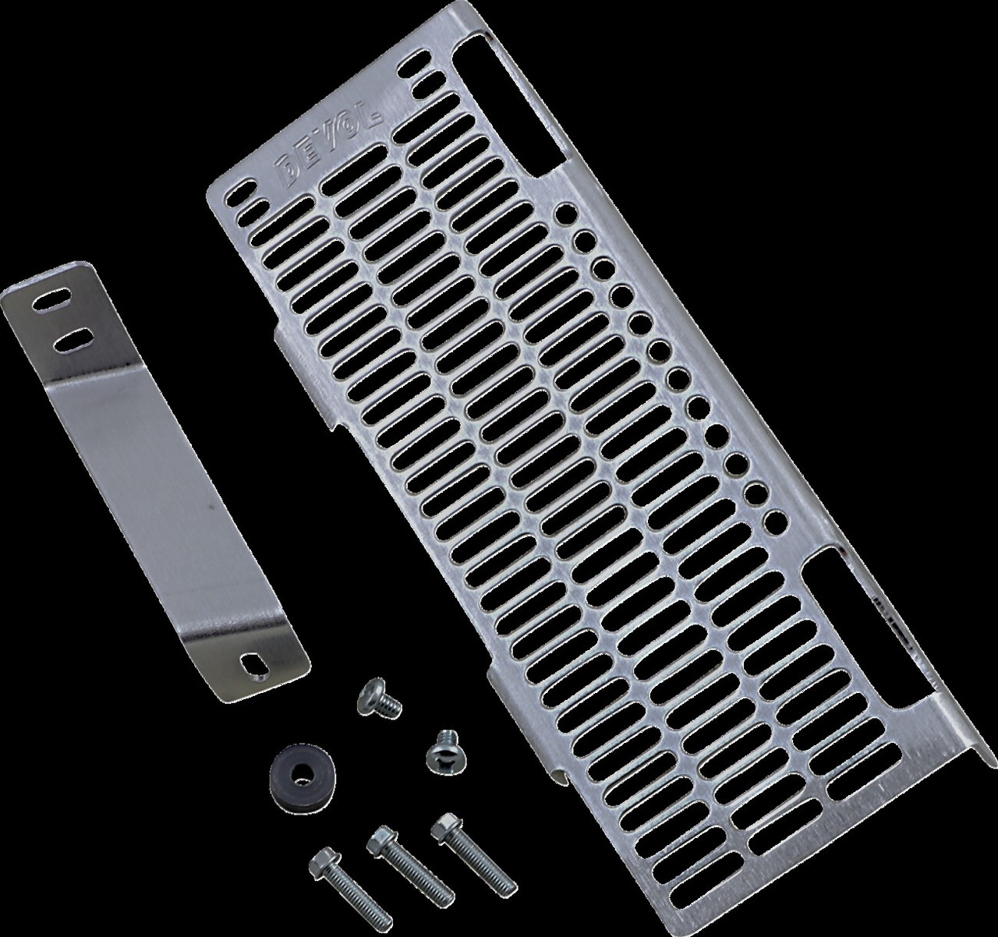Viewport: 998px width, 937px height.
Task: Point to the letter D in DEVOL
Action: pos(285,173)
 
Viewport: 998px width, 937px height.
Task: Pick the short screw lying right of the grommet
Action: pos(445,751)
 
